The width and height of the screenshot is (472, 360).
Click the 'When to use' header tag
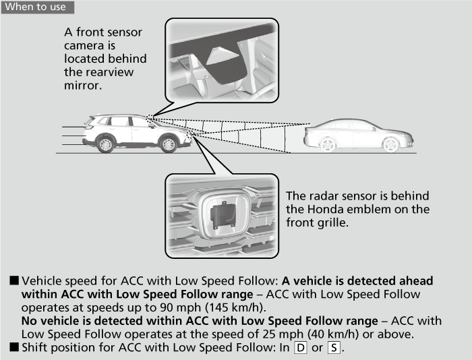[36, 7]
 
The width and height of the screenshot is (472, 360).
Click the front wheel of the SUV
[169, 144]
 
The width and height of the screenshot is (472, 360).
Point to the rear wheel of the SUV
[105, 144]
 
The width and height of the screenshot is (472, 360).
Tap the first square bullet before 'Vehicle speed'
[13, 280]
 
